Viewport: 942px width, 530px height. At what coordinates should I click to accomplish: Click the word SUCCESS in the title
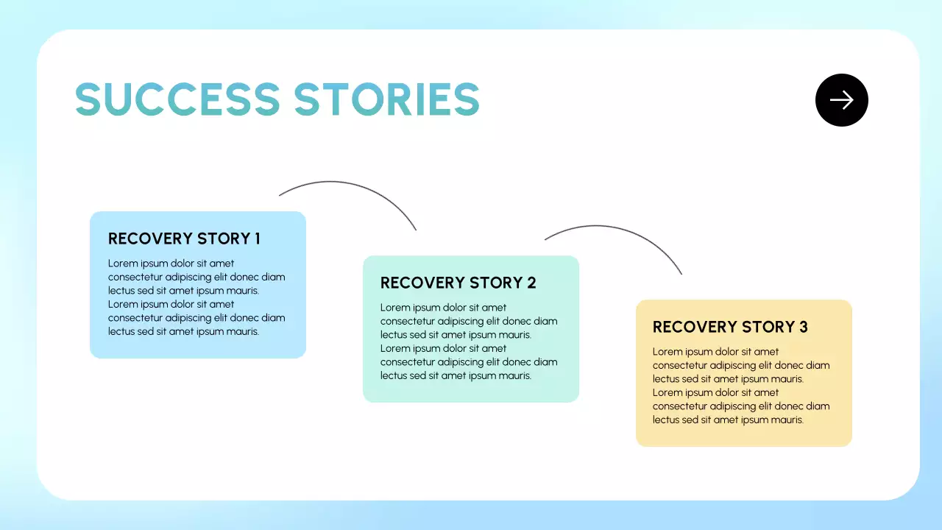point(177,99)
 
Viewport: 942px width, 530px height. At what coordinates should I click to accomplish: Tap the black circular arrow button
point(842,100)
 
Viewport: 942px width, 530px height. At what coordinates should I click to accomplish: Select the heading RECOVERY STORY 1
point(184,239)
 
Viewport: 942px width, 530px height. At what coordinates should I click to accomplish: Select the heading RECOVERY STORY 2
point(458,283)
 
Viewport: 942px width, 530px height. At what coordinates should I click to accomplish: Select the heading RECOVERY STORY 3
point(730,327)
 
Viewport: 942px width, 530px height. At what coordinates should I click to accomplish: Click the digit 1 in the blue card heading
point(257,239)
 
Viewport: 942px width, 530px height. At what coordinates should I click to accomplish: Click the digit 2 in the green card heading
point(531,283)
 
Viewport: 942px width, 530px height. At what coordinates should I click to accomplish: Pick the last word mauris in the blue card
point(242,332)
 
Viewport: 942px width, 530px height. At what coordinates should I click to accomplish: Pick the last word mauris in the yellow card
point(787,420)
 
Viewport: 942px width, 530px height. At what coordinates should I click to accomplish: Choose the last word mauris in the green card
point(514,376)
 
